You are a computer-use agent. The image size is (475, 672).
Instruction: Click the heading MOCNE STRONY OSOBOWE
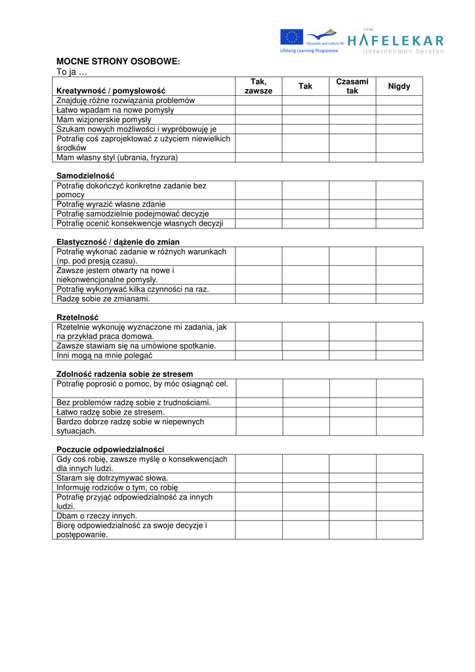click(118, 61)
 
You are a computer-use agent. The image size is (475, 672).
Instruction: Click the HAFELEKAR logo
click(395, 41)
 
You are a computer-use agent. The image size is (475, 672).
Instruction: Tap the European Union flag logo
click(291, 37)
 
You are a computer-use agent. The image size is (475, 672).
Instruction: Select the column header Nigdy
click(399, 87)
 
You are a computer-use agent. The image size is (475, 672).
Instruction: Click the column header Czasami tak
click(352, 86)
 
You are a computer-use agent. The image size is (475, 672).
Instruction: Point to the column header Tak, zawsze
click(258, 86)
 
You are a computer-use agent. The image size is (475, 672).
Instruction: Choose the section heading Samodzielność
click(85, 176)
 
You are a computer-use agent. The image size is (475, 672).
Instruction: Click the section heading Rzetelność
click(77, 318)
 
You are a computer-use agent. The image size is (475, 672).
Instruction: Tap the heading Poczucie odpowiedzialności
click(110, 450)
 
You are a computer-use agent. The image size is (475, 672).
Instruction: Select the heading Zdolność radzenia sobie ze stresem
click(125, 374)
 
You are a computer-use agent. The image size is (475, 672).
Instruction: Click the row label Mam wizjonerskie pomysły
click(104, 120)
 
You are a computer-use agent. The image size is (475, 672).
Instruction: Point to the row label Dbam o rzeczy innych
click(96, 516)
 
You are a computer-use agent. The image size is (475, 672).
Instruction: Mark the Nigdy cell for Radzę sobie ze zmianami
click(399, 299)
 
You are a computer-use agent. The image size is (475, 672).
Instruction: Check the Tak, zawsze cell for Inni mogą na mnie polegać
click(258, 356)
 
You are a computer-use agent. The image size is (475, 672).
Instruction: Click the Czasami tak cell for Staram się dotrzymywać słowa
click(352, 478)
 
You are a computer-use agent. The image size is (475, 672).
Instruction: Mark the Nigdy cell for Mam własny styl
click(399, 157)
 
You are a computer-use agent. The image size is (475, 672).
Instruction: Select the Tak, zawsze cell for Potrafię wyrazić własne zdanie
click(258, 204)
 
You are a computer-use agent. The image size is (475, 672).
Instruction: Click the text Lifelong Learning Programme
click(309, 51)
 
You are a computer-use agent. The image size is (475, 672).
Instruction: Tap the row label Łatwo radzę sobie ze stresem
click(110, 412)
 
